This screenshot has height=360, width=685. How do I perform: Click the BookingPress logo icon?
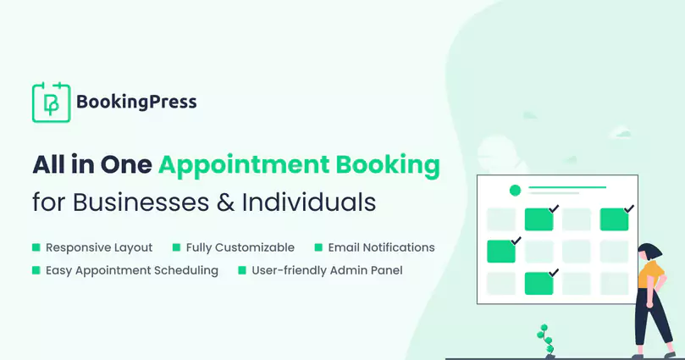[49, 102]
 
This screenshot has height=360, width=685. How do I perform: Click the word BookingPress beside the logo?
[136, 102]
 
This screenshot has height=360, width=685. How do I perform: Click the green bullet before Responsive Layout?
[36, 248]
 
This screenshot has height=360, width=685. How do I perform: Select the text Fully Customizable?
[241, 248]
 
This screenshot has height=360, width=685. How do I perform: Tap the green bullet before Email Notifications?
[318, 248]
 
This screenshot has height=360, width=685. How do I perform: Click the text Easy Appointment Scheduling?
[132, 271]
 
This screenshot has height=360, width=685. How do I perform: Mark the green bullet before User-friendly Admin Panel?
[241, 271]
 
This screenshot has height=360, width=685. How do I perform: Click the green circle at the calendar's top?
[514, 191]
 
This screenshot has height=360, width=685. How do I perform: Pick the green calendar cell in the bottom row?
[539, 284]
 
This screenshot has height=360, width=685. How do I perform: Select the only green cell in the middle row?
[500, 252]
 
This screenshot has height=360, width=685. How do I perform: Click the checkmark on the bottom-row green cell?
[553, 273]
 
